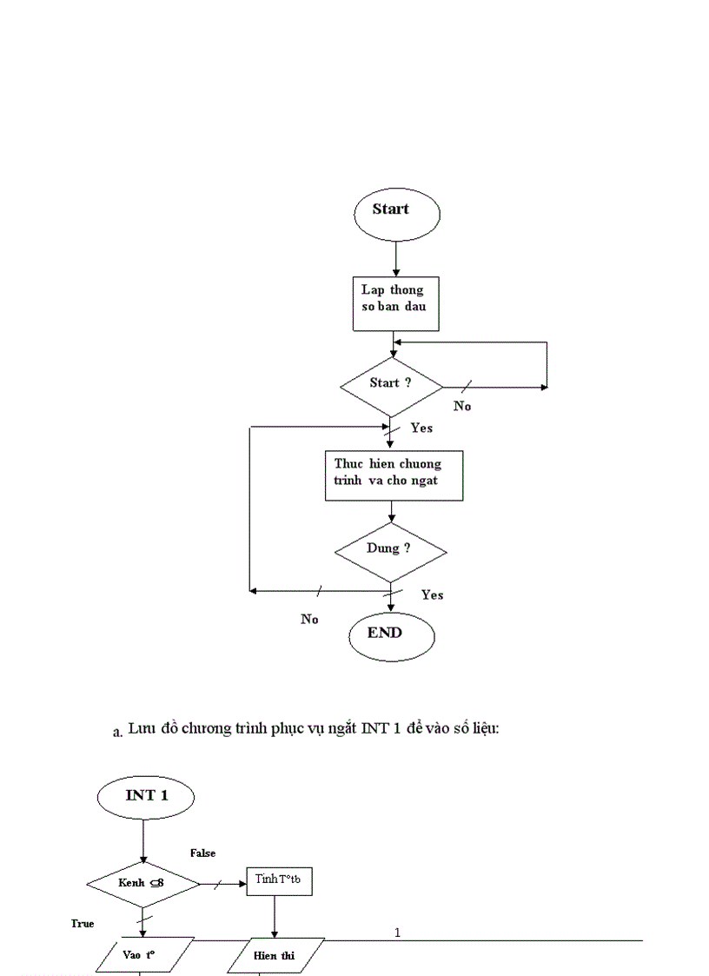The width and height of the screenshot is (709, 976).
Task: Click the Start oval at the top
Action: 396,212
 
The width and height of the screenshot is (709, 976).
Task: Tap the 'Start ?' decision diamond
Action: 391,384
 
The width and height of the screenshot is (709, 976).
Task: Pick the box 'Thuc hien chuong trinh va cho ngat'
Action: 394,475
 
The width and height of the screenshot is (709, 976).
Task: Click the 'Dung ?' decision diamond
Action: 391,551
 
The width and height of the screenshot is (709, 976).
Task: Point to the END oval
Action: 391,634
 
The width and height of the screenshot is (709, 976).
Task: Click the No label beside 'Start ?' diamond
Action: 462,406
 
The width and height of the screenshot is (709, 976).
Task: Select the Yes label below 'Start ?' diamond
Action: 421,428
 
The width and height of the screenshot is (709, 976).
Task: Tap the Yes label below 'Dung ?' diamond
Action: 432,594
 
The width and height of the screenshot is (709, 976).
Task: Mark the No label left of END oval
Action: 309,619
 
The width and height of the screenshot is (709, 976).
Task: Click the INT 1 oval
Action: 146,796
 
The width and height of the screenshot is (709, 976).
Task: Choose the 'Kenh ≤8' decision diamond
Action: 143,884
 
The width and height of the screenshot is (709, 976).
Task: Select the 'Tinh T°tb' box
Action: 278,880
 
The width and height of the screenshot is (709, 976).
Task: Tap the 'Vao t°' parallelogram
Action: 140,955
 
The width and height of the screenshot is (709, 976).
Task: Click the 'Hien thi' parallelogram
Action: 275,955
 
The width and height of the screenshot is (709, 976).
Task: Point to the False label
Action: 202,853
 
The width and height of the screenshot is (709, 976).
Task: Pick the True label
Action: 83,923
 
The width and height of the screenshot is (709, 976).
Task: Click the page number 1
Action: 397,933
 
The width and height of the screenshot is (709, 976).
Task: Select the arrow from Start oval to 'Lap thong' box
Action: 395,258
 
